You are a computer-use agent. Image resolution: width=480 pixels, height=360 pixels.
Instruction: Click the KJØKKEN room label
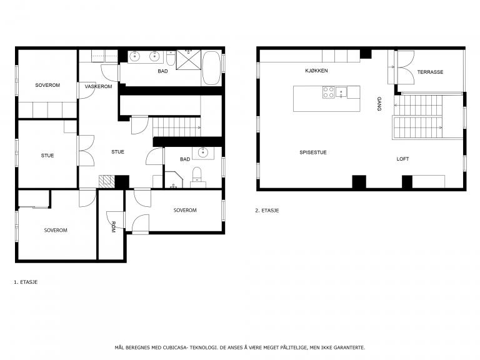(x=316, y=71)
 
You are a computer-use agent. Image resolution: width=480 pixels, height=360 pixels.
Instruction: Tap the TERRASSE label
(x=430, y=72)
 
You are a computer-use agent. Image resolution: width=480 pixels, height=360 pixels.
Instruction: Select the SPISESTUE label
(x=313, y=152)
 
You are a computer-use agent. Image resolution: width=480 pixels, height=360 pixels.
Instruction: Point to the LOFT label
(x=402, y=159)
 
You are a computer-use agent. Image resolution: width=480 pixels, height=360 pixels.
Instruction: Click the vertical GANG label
(x=379, y=104)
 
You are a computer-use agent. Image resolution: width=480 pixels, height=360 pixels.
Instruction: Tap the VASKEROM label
(x=98, y=86)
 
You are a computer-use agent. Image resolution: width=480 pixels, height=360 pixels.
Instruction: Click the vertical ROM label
(x=113, y=227)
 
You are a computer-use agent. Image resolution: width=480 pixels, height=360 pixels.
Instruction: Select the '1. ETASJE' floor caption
(x=26, y=282)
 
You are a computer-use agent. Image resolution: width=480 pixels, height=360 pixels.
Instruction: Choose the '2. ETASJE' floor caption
(x=267, y=211)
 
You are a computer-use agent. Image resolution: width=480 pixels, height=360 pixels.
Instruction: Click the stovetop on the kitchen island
(x=329, y=92)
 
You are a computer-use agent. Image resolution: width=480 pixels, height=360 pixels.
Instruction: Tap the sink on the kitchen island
(x=341, y=92)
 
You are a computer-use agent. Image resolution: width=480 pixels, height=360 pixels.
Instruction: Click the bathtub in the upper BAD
(x=211, y=68)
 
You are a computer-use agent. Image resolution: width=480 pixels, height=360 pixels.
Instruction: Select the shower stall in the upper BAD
(x=189, y=60)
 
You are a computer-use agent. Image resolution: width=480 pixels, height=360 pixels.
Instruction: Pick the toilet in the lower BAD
(x=197, y=177)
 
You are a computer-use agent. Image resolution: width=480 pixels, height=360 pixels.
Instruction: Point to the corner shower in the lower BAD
(x=174, y=180)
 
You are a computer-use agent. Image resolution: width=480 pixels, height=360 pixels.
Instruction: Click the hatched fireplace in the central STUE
(x=106, y=181)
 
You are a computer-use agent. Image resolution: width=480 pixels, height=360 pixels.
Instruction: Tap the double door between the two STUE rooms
(x=86, y=151)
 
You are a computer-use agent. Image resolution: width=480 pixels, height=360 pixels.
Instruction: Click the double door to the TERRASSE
(x=406, y=67)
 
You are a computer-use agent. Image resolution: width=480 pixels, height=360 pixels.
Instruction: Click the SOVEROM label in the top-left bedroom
(x=47, y=85)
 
